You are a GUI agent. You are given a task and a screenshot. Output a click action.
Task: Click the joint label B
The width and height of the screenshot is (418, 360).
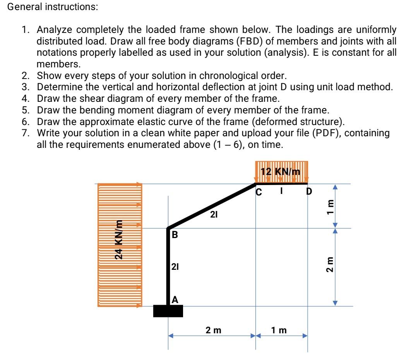pyautogui.click(x=175, y=235)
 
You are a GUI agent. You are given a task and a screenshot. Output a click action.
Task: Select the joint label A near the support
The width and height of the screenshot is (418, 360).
pyautogui.click(x=175, y=299)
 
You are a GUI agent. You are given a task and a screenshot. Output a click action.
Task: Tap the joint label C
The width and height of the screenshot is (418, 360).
pyautogui.click(x=259, y=191)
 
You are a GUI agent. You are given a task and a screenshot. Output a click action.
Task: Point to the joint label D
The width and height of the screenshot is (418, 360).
pyautogui.click(x=309, y=191)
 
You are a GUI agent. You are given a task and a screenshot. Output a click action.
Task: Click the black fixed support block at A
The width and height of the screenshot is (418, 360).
pyautogui.click(x=168, y=311)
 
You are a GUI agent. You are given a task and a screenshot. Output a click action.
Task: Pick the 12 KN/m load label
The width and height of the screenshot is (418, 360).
pyautogui.click(x=281, y=172)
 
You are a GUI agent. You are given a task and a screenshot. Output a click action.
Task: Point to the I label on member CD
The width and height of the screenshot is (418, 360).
pyautogui.click(x=283, y=191)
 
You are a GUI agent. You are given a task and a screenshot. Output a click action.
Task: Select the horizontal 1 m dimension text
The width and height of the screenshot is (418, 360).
pyautogui.click(x=279, y=330)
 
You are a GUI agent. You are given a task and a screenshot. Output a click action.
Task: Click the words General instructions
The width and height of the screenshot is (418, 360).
pyautogui.click(x=53, y=7)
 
